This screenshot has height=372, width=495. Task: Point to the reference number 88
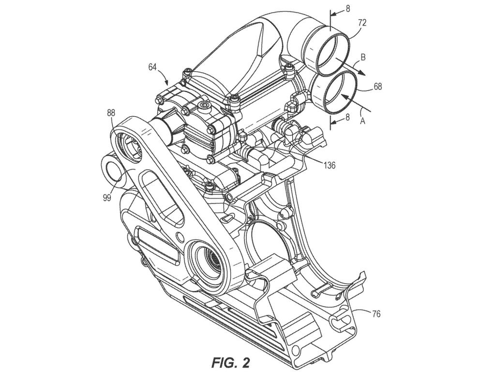[x=111, y=113]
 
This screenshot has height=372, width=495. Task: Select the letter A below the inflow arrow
[x=361, y=122]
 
